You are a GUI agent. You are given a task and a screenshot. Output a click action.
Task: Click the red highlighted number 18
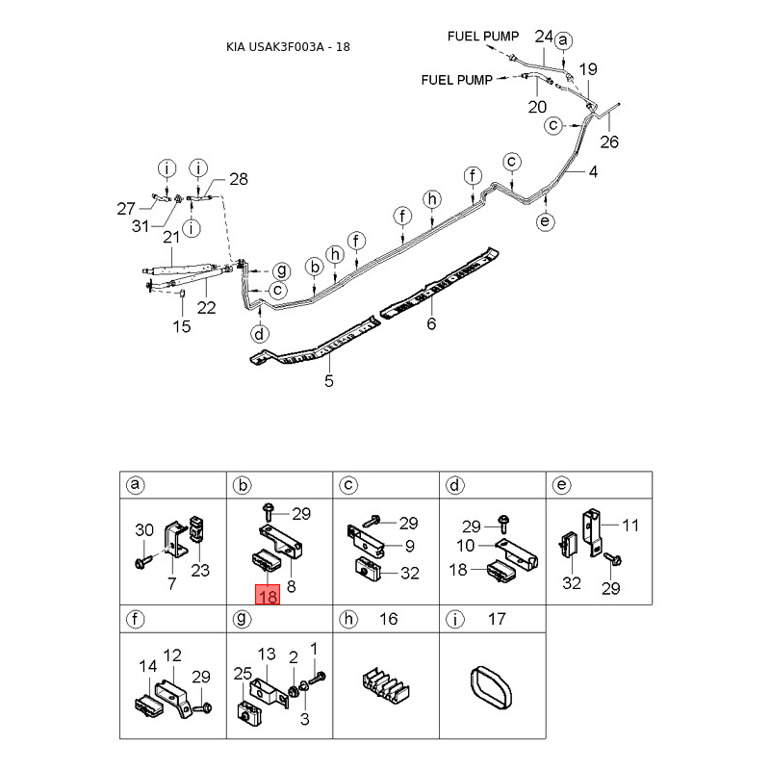coord(268,595)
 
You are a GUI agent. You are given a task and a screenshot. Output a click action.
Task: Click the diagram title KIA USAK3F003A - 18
coord(288,47)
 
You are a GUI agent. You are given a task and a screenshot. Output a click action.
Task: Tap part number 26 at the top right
coord(609,141)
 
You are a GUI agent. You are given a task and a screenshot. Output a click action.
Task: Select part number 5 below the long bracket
coord(329,380)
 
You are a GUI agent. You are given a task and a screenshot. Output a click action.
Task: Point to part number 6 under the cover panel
coord(431,323)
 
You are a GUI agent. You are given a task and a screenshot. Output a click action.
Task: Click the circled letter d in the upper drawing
coord(259,334)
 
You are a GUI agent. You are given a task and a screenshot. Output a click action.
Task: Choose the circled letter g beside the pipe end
coord(281,270)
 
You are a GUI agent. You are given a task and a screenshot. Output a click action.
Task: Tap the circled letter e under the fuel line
coord(545,221)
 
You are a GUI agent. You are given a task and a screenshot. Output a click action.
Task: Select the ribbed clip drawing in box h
coord(386,685)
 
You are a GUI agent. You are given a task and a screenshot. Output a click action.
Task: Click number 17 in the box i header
coord(497,619)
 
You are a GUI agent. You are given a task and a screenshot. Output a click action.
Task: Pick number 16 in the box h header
coord(388,619)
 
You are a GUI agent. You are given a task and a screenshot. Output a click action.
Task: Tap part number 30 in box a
coord(144,530)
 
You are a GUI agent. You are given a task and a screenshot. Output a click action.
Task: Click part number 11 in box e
coord(630,526)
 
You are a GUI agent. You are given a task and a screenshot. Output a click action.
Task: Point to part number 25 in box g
coord(243,674)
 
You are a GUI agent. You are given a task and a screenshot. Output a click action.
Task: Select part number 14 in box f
coord(148,666)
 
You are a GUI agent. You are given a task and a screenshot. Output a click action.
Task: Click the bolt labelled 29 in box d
coord(503,524)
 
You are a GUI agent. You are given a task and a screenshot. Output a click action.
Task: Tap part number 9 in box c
coord(410,546)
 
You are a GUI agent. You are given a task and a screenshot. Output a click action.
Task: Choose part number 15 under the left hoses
coord(181,326)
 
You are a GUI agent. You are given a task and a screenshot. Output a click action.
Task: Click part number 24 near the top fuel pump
coord(544,37)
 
